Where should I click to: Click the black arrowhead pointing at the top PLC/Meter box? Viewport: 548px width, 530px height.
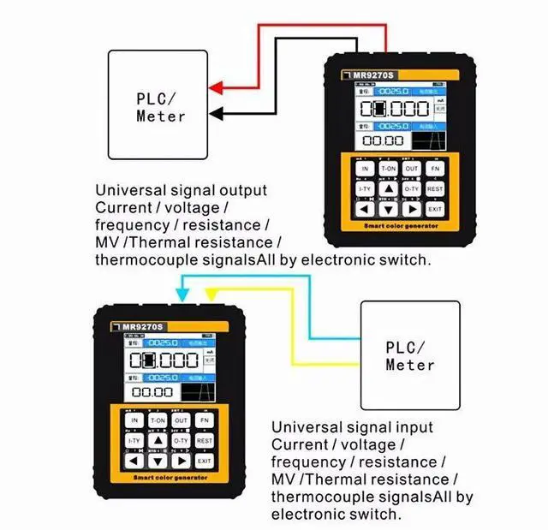(x=216, y=112)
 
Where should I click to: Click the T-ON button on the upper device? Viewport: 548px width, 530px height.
(x=388, y=169)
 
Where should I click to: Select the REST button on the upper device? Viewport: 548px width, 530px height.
(x=435, y=188)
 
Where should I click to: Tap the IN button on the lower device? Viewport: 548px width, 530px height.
(x=134, y=421)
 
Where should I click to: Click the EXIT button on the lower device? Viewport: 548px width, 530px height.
(x=203, y=462)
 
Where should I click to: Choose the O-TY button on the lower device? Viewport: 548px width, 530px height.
(x=181, y=441)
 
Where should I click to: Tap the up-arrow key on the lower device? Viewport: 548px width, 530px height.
(x=158, y=441)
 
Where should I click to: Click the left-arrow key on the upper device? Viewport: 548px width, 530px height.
(x=365, y=209)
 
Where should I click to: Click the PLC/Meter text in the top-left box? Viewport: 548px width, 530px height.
(x=160, y=106)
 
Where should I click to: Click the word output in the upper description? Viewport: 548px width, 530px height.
(x=239, y=190)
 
